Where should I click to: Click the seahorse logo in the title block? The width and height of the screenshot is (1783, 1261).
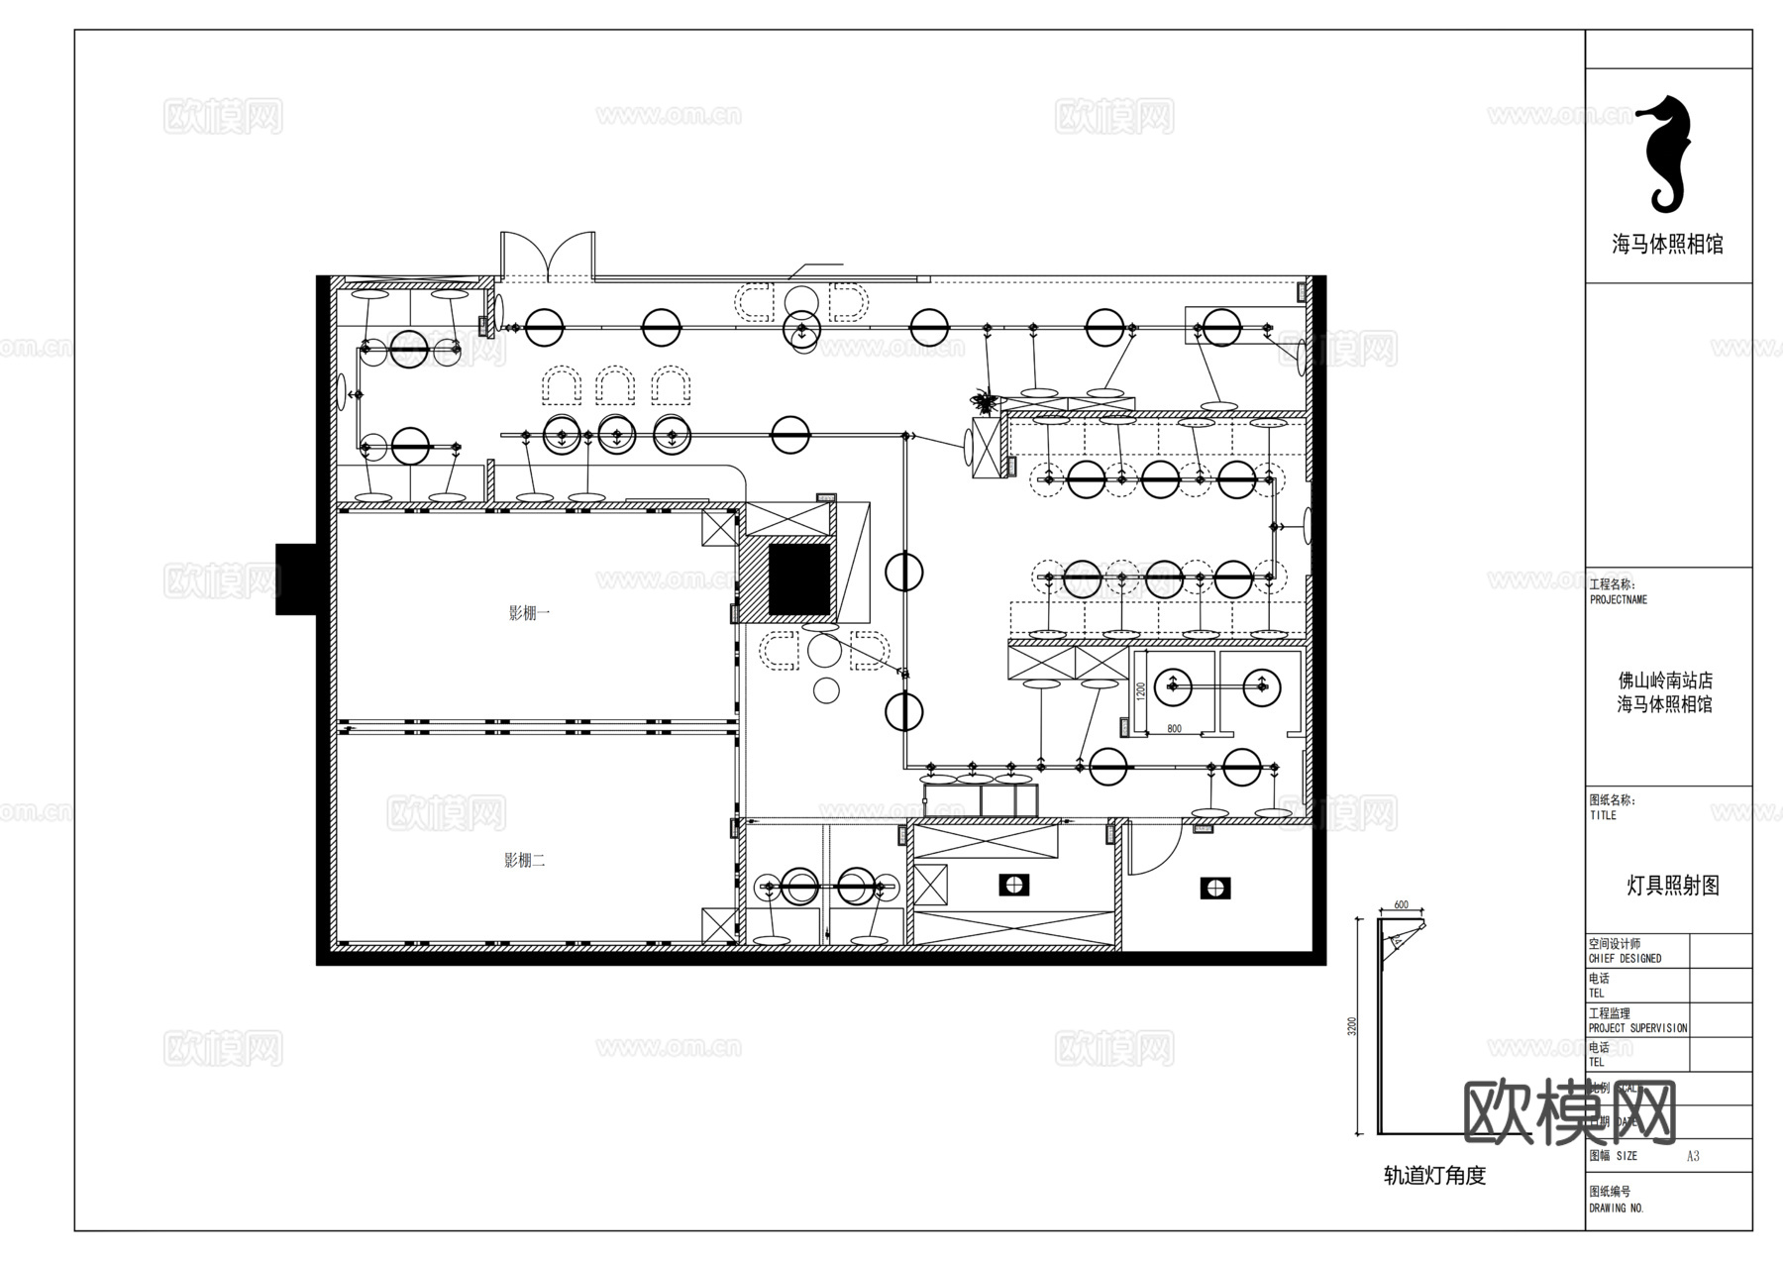click(1667, 156)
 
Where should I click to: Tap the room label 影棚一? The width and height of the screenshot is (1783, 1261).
click(529, 613)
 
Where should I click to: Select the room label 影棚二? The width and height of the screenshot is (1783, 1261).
click(525, 860)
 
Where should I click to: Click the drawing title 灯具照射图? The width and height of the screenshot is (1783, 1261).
click(1672, 886)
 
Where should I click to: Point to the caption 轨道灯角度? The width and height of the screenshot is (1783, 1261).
click(1434, 1176)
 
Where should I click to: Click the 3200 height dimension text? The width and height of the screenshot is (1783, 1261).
click(1353, 1026)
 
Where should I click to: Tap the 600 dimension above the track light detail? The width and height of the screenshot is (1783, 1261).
click(1401, 905)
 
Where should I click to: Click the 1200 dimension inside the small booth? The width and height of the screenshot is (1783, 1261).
click(1141, 689)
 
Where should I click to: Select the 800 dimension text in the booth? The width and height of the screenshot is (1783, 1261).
click(1174, 729)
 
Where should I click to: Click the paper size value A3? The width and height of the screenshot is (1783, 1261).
click(1693, 1156)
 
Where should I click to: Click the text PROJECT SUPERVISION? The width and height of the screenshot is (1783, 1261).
click(1637, 1028)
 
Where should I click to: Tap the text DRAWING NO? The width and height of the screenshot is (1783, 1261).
click(1616, 1208)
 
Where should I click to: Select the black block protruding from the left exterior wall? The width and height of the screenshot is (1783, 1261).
click(295, 578)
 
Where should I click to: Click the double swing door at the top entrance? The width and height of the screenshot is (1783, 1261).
click(548, 256)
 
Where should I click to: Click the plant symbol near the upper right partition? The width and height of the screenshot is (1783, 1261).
click(985, 401)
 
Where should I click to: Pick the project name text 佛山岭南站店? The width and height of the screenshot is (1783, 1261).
click(1665, 681)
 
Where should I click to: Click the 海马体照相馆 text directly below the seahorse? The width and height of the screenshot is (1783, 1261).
click(1667, 245)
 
